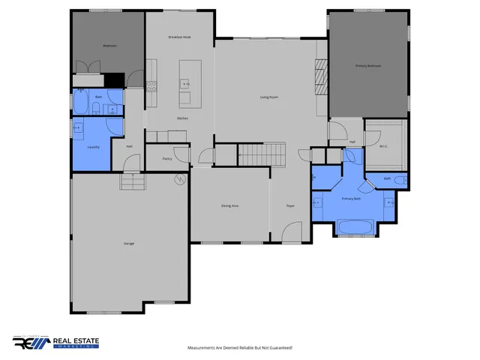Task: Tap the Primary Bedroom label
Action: click(x=368, y=66)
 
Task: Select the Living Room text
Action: click(x=269, y=97)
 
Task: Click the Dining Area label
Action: click(x=229, y=205)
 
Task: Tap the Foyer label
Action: click(x=290, y=205)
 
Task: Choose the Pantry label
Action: click(x=167, y=158)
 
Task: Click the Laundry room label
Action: click(x=93, y=147)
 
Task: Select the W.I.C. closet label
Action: click(x=383, y=146)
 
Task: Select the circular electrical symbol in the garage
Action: click(x=179, y=178)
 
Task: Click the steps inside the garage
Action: click(x=131, y=182)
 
